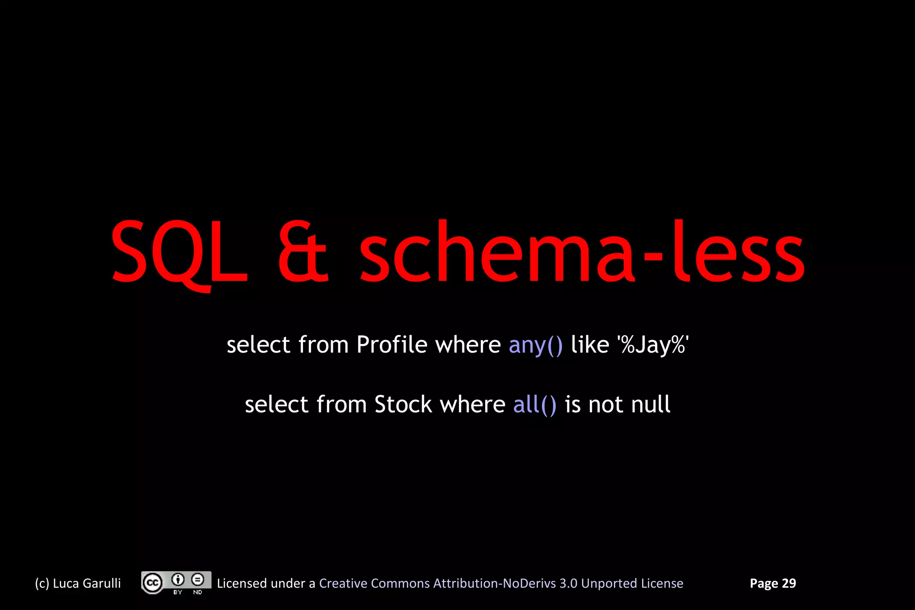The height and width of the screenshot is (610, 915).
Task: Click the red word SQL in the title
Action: (x=179, y=252)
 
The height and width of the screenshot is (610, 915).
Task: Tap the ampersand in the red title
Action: (x=303, y=252)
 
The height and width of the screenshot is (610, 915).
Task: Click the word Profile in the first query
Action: (x=392, y=345)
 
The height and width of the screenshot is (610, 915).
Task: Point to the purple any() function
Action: (x=535, y=345)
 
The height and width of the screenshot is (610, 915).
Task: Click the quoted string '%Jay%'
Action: (x=653, y=345)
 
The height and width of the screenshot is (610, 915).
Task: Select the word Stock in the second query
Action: (x=403, y=404)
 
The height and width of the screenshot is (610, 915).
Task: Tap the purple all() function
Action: (x=534, y=405)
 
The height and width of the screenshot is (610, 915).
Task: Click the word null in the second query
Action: (x=651, y=404)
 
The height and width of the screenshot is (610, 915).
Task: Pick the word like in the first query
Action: (x=590, y=345)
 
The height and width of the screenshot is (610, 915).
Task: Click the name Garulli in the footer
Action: (x=102, y=584)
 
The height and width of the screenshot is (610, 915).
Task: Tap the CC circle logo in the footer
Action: (x=152, y=583)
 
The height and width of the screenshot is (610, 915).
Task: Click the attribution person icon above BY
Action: (x=178, y=580)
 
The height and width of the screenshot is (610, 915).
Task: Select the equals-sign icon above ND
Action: (x=197, y=580)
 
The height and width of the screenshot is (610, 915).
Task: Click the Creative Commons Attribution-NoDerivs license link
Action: (x=501, y=584)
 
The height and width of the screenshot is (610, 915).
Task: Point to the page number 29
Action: (x=789, y=584)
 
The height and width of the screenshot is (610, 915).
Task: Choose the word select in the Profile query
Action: (x=258, y=345)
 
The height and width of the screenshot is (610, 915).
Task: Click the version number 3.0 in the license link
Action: (x=568, y=584)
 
